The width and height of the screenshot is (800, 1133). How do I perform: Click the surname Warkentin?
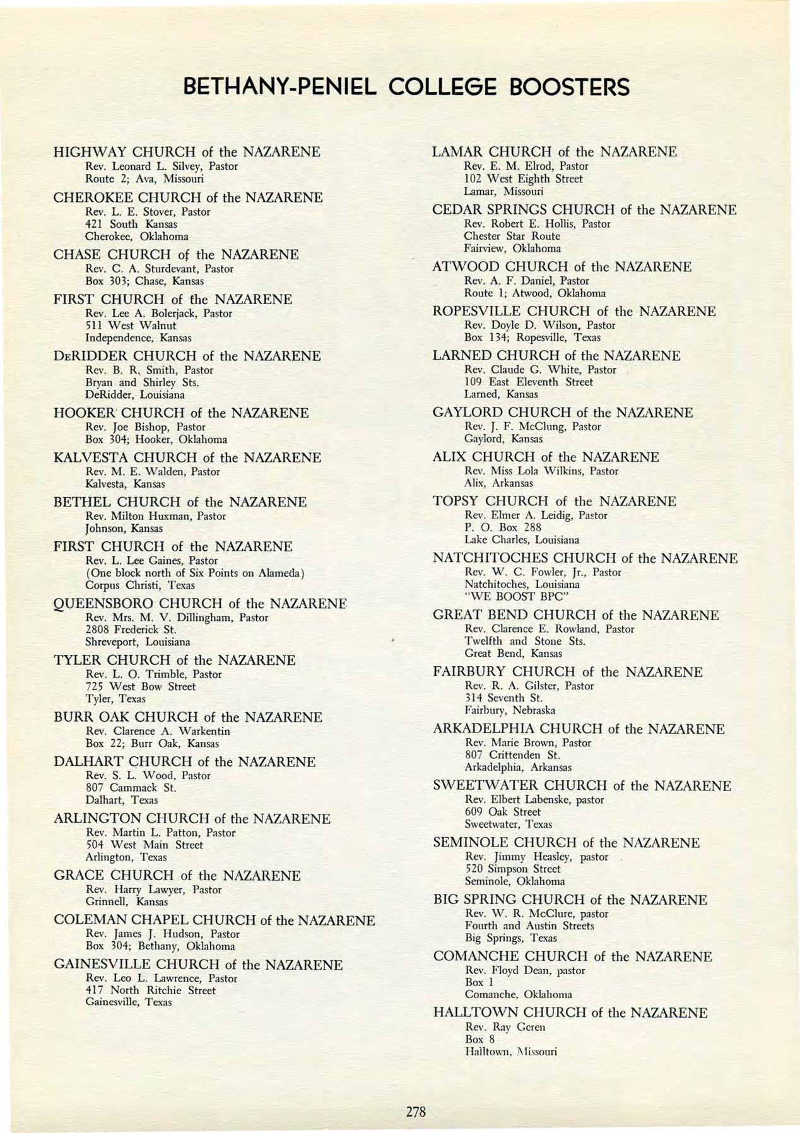(204, 731)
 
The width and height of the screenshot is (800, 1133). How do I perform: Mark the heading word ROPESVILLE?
(476, 312)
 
